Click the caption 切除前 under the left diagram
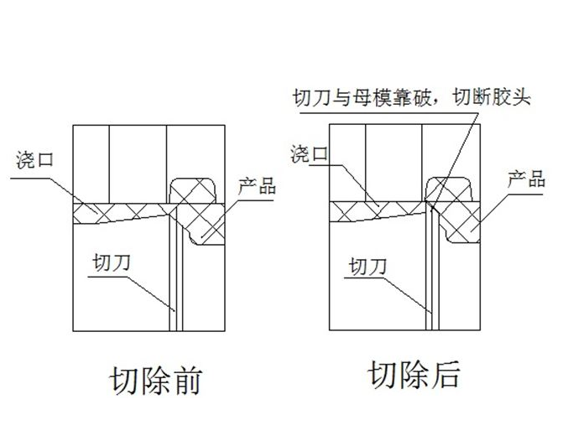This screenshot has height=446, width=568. point(155,381)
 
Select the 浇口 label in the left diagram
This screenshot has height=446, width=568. point(35,159)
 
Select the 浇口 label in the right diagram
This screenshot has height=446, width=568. point(308,154)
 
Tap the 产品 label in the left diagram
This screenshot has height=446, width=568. point(257,185)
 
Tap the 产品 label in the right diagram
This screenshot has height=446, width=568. point(527,179)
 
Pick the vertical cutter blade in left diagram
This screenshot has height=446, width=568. point(173,268)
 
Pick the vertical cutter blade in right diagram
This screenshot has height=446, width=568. point(431,268)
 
